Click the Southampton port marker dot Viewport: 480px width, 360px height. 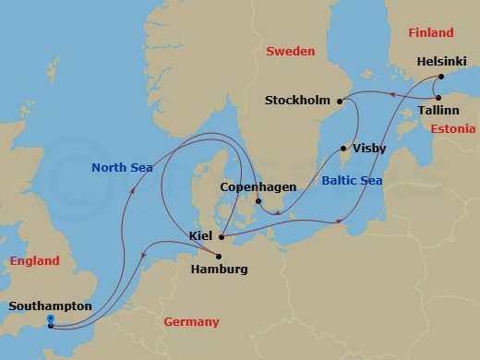50,323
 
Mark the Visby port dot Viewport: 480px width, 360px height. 343,148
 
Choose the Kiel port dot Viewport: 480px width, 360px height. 222,236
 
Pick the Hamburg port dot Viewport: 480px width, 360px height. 218,256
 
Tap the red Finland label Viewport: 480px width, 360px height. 432,32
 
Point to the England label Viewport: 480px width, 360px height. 34,261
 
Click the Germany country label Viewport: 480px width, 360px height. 191,321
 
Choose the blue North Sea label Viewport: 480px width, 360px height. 123,167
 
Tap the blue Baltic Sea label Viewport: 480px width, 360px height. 352,181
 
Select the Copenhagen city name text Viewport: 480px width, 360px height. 258,186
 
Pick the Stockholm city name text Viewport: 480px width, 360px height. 298,100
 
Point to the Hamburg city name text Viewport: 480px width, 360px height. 218,270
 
